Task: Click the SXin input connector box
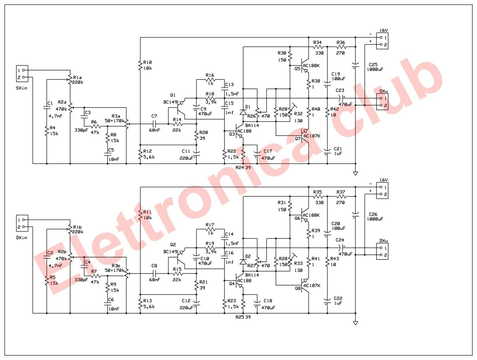click(22, 74)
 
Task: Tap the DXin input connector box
click(22, 223)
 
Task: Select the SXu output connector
click(382, 102)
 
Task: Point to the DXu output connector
click(382, 251)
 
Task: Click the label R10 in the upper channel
click(147, 62)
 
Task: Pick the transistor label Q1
click(173, 95)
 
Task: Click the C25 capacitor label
click(373, 65)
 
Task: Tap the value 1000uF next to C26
click(375, 219)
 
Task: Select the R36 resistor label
click(341, 42)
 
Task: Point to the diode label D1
click(248, 107)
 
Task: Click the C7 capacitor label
click(154, 116)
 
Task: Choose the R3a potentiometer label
click(116, 116)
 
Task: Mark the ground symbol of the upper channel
click(355, 173)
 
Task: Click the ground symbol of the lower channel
click(355, 323)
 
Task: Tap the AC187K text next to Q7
click(312, 136)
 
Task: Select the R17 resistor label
click(210, 225)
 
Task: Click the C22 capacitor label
click(338, 298)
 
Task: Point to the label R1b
click(77, 227)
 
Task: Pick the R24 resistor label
click(240, 167)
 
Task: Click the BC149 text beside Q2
click(170, 252)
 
